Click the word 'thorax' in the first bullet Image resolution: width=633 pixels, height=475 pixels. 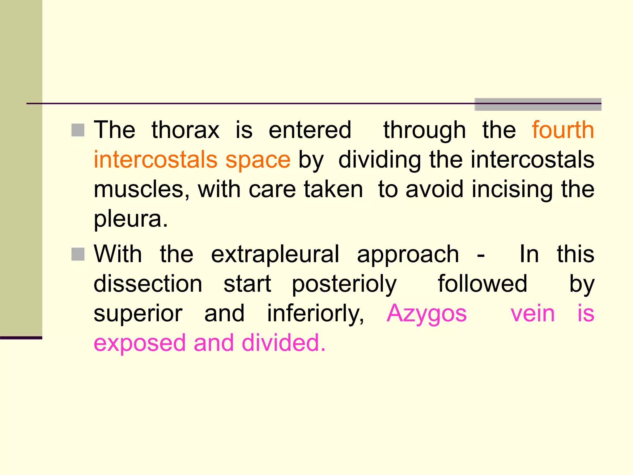pos(185,130)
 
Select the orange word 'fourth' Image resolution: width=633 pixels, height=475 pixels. pos(563,130)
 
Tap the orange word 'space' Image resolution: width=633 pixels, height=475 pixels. pos(258,160)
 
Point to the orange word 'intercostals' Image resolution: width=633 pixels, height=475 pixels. pos(156,160)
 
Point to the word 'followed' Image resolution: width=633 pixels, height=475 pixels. pos(482,284)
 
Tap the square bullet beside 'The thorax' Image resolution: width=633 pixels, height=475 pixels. pos(78,130)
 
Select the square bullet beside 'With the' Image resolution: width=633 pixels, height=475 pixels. pos(78,255)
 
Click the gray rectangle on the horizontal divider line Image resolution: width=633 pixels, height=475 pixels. pos(538,104)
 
